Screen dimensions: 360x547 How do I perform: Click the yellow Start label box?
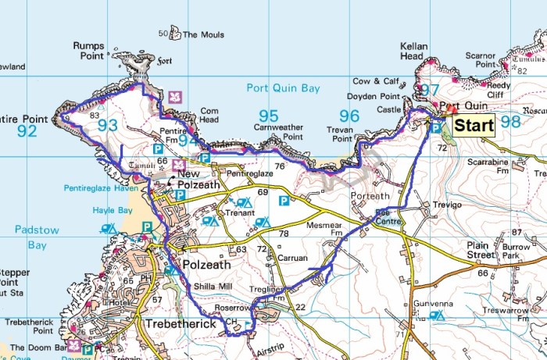(x=474, y=125)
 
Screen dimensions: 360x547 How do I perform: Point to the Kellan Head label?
(x=413, y=52)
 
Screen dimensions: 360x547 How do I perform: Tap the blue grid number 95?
(x=268, y=116)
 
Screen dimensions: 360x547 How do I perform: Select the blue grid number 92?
(x=27, y=130)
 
